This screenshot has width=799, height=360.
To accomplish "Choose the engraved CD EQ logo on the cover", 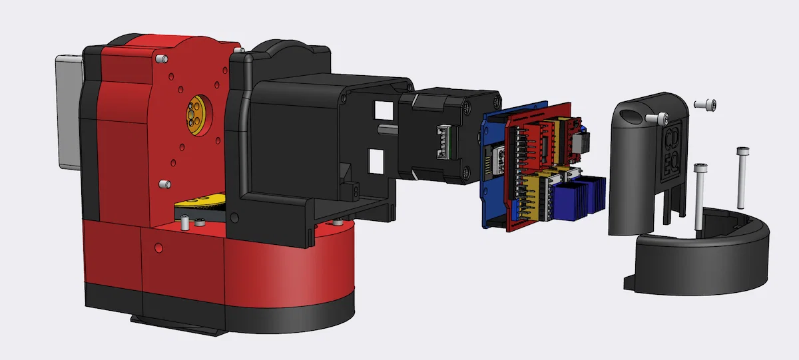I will [672, 150].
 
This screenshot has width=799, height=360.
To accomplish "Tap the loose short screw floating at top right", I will [706, 104].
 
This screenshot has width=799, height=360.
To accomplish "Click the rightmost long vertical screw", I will [741, 176].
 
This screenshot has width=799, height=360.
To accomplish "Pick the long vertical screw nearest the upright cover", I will [699, 196].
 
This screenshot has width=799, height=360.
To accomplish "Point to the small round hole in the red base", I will [158, 248].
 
